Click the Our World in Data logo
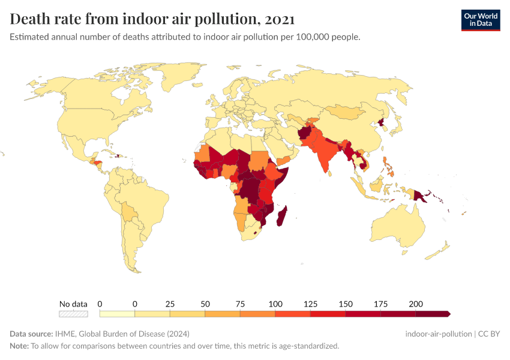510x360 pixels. pos(480,20)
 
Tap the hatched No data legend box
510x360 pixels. pos(73,313)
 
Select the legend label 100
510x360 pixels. pos(275,304)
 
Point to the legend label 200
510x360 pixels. pos(416,304)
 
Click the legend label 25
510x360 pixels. pos(170,304)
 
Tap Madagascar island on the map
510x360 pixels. pos(281,216)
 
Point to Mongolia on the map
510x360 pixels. pos(347,112)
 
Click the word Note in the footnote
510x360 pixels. pos(19,346)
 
